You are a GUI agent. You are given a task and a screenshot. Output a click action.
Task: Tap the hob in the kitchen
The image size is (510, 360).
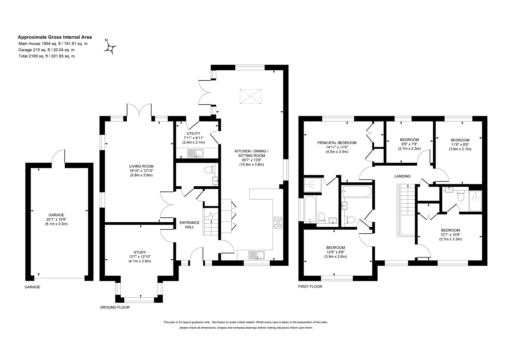click(x=278, y=222)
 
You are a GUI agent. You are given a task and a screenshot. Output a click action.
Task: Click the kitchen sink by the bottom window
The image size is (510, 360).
click(x=256, y=255)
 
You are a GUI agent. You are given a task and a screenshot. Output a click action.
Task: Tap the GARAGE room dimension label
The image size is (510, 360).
click(x=56, y=219)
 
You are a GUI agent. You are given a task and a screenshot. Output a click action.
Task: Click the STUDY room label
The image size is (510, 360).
click(x=140, y=252)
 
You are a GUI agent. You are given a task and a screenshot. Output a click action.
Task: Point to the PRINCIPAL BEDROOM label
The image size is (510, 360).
click(x=337, y=143)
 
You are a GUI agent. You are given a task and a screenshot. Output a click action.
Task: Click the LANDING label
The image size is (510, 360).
click(x=402, y=176)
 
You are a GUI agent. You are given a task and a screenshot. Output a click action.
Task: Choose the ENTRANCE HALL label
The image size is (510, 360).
click(x=189, y=225)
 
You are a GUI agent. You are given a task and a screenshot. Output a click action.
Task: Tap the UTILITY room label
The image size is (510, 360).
click(x=194, y=133)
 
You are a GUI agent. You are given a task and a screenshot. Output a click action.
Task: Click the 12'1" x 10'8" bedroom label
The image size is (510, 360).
click(x=450, y=235)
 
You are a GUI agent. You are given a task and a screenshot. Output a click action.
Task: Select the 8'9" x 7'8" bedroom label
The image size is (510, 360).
click(x=409, y=144)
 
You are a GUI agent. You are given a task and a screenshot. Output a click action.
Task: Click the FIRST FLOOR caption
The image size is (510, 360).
click(x=310, y=286)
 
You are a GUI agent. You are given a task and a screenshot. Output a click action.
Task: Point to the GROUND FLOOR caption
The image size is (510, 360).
click(x=115, y=307)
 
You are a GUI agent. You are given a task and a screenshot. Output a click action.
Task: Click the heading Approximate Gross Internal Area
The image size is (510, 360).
click(x=55, y=37)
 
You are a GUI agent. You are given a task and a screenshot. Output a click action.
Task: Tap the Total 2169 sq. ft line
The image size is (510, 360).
click(x=47, y=56)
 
